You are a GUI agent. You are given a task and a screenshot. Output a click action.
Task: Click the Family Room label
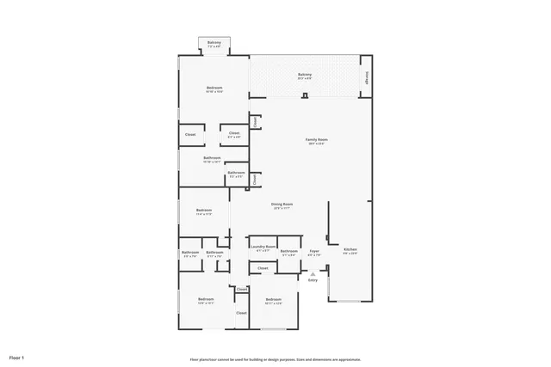point(317,140)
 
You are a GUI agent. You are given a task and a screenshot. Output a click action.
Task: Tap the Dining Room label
point(282,205)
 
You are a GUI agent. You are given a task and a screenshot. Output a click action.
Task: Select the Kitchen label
point(350,250)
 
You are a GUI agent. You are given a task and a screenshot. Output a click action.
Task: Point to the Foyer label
point(314,252)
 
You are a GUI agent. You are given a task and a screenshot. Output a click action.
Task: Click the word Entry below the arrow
point(313,280)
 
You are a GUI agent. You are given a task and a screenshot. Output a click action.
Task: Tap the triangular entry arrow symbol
point(313,272)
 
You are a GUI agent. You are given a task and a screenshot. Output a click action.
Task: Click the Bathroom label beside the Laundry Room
point(288,252)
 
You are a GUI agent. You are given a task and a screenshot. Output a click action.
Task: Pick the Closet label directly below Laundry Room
point(263,268)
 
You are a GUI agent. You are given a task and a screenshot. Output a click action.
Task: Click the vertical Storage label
point(367,76)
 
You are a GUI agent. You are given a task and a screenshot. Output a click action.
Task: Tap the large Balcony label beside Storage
point(305,76)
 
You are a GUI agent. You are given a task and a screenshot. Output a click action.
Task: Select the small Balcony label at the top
point(214,44)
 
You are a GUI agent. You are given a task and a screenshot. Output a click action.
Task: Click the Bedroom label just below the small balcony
point(214,89)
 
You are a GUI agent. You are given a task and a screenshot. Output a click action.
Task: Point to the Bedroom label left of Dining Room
point(204,211)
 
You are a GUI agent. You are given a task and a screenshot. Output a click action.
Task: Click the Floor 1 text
point(17,357)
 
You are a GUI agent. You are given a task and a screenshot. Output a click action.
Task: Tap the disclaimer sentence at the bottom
point(275,358)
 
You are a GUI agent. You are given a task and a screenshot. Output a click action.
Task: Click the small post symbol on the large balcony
point(305,95)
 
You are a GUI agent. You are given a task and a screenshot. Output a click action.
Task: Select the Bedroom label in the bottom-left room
point(205,302)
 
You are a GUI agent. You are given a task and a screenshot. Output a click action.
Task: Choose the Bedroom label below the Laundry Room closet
point(273,302)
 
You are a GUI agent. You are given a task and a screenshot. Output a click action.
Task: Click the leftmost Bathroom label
point(190,253)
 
